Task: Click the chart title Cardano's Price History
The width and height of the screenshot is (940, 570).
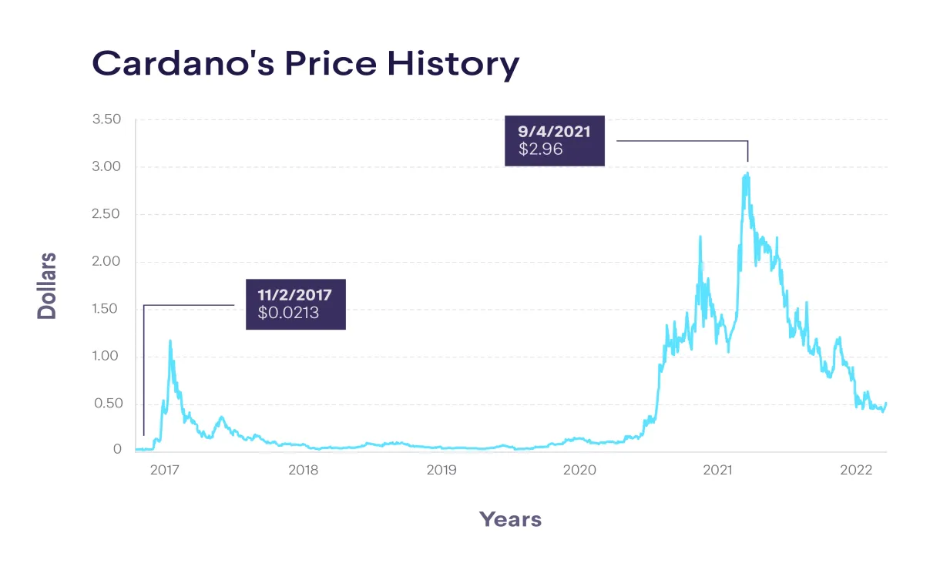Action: pyautogui.click(x=305, y=63)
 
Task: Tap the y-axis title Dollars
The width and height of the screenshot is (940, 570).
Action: pyautogui.click(x=48, y=285)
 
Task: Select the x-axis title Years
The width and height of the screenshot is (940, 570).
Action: pyautogui.click(x=510, y=519)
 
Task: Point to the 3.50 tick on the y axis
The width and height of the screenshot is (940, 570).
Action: pyautogui.click(x=106, y=119)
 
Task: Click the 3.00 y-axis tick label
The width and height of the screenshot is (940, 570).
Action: pyautogui.click(x=106, y=167)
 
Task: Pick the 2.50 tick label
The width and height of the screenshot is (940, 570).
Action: pyautogui.click(x=106, y=214)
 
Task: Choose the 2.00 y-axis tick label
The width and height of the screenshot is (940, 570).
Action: pyautogui.click(x=106, y=262)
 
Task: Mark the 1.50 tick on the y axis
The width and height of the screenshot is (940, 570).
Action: pyautogui.click(x=106, y=309)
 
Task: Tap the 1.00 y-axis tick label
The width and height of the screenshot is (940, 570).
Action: pyautogui.click(x=106, y=357)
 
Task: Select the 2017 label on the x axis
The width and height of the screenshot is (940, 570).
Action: pyautogui.click(x=165, y=470)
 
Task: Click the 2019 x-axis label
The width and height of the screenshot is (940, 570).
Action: pyautogui.click(x=441, y=470)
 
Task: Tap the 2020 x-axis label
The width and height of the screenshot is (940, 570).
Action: pyautogui.click(x=579, y=470)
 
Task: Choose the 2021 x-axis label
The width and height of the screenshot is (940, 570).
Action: pyautogui.click(x=717, y=470)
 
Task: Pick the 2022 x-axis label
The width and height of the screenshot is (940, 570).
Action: pyautogui.click(x=855, y=470)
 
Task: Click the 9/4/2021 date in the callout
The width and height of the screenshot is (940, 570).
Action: pyautogui.click(x=555, y=132)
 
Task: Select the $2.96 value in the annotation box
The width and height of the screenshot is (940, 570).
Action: pyautogui.click(x=540, y=149)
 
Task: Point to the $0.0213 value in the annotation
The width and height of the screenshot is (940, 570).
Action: pyautogui.click(x=289, y=313)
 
